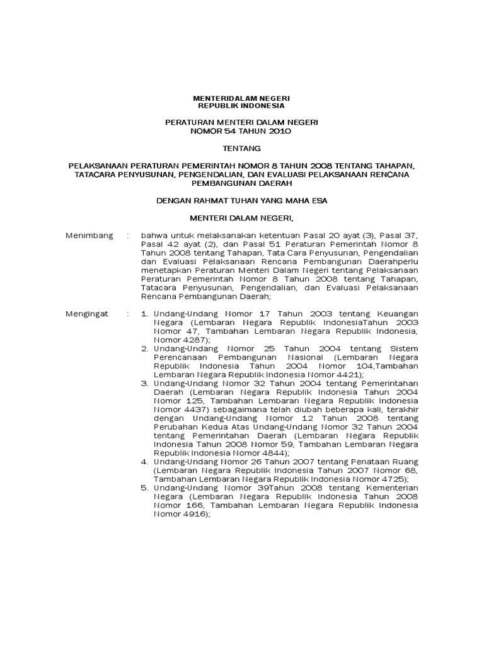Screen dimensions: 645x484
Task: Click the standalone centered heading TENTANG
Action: tap(241, 149)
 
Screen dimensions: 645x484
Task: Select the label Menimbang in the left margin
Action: tap(89, 236)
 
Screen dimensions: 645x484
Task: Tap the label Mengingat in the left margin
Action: tap(88, 313)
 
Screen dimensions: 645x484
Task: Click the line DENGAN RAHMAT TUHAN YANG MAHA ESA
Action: tap(242, 201)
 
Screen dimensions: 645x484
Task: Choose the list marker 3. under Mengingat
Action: tap(144, 382)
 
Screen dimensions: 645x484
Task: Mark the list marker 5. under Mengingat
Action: tap(144, 487)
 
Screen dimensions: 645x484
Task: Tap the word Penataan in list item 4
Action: tap(359, 461)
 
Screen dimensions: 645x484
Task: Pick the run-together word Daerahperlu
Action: tap(385, 261)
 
